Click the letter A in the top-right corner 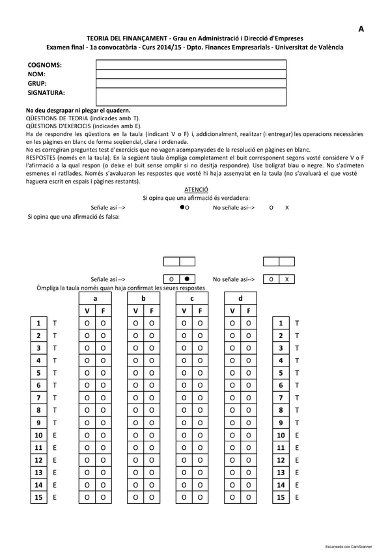361,29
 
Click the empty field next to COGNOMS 191,65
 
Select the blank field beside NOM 191,74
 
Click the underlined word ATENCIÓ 196,188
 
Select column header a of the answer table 95,298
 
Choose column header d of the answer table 240,298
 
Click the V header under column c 184,311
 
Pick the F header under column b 152,311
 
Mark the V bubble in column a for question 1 87,324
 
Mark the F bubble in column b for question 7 152,398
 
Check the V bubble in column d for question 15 232,497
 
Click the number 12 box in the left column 38,460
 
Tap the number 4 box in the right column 281,361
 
